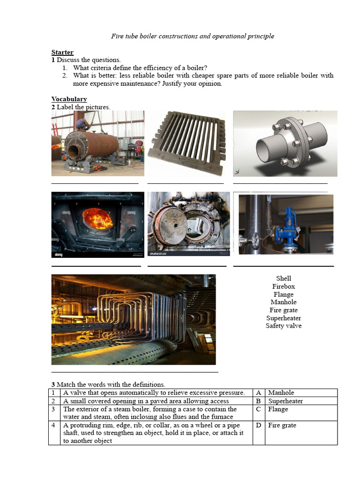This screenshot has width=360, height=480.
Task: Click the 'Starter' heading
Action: click(x=62, y=52)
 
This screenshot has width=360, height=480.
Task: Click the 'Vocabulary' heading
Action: click(x=69, y=99)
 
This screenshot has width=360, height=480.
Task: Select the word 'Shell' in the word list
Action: click(x=283, y=278)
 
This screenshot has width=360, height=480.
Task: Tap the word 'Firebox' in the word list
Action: click(x=283, y=286)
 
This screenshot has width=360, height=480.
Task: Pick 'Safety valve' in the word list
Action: click(x=283, y=326)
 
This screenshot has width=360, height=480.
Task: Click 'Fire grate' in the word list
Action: click(x=283, y=310)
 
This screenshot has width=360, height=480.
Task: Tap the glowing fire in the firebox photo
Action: click(x=97, y=218)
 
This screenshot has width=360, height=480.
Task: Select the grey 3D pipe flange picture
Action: click(x=285, y=143)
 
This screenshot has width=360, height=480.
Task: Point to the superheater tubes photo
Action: click(x=133, y=319)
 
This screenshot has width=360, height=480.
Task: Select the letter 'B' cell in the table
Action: click(x=258, y=401)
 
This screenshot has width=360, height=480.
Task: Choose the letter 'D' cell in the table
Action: click(x=258, y=426)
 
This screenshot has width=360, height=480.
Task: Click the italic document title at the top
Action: click(x=192, y=36)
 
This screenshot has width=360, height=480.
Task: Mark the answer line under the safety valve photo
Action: click(x=283, y=266)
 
